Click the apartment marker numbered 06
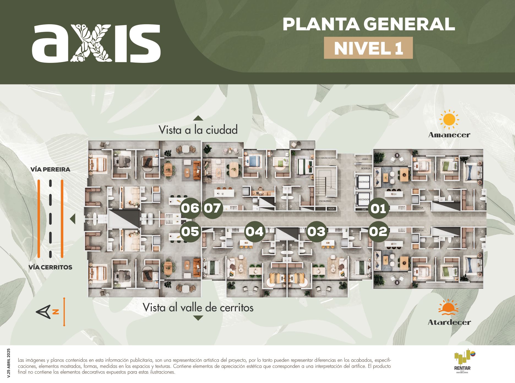click(190, 208)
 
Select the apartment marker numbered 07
click(212, 208)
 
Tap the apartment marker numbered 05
click(190, 232)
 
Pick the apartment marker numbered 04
click(255, 232)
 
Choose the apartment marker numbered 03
click(317, 232)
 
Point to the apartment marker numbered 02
click(378, 232)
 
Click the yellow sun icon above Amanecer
click(449, 120)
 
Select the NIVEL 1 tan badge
click(368, 48)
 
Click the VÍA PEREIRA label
click(50, 169)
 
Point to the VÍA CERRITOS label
click(50, 267)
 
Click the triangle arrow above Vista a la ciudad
click(198, 118)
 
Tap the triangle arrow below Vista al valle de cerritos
click(198, 318)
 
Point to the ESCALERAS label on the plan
click(325, 201)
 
